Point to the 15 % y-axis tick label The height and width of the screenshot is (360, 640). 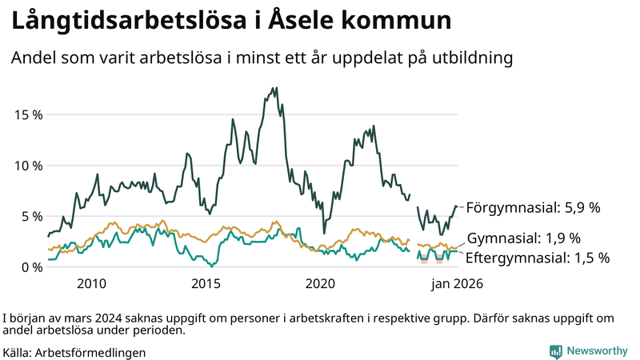[x=29, y=114]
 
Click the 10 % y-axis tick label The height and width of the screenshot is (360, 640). [x=29, y=165]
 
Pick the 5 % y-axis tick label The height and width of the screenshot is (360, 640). [x=33, y=216]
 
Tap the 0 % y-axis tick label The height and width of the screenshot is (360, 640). [x=33, y=266]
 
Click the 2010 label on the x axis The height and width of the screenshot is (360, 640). [x=91, y=284]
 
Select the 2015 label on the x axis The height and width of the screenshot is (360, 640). [x=206, y=284]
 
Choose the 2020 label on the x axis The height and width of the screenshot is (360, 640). [x=320, y=284]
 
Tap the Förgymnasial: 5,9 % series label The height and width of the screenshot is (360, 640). [x=533, y=207]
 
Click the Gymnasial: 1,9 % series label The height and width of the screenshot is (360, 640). [x=523, y=238]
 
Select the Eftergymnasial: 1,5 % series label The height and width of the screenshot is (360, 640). [x=537, y=258]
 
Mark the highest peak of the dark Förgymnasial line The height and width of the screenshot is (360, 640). [x=276, y=88]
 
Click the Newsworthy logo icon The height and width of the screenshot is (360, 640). [x=555, y=351]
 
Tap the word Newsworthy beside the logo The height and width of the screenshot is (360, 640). [x=597, y=351]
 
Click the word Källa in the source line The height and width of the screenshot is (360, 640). [x=18, y=352]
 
